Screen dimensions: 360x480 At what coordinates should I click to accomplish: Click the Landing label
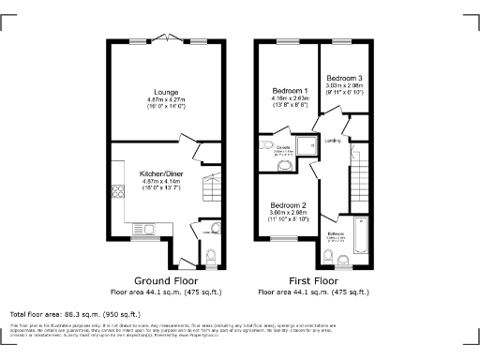[x=332, y=141]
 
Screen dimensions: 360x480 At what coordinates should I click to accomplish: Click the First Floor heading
[x=314, y=280]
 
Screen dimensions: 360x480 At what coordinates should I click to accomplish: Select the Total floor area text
[x=75, y=314]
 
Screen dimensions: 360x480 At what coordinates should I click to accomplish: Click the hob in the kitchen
[x=119, y=194]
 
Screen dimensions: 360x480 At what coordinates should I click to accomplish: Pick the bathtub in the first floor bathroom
[x=360, y=234]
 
